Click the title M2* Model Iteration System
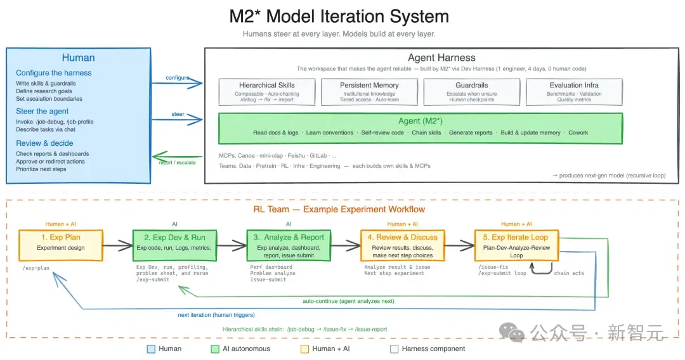tap(339, 16)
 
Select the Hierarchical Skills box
tap(267, 92)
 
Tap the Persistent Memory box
tap(369, 92)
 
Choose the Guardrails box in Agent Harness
tap(472, 92)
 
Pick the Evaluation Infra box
tap(574, 92)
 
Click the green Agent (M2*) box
tap(421, 128)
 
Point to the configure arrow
tap(178, 83)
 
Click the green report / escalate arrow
tap(178, 156)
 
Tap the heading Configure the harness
tap(54, 73)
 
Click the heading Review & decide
tap(44, 143)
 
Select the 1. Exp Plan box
tap(61, 246)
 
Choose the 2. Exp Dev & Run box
tap(175, 246)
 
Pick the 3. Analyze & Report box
tap(289, 246)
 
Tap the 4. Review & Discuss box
tap(402, 246)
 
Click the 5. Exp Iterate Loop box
tap(516, 246)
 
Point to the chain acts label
tap(569, 273)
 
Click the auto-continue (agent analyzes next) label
tap(348, 301)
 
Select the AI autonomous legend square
tap(215, 349)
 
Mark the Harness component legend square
tap(394, 349)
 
